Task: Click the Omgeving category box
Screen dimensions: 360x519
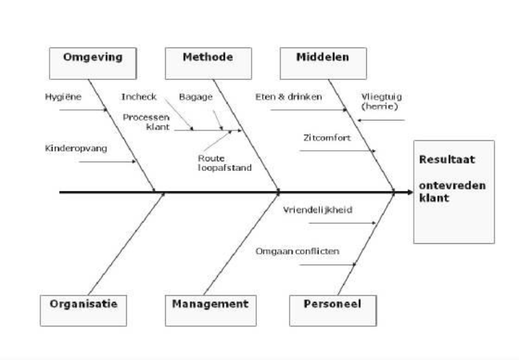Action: pyautogui.click(x=93, y=63)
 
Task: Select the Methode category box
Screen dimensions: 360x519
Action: pyautogui.click(x=208, y=63)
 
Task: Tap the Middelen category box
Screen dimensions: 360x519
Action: pyautogui.click(x=323, y=63)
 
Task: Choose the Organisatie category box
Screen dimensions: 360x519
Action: pyautogui.click(x=84, y=310)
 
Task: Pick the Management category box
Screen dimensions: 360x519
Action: pyautogui.click(x=210, y=310)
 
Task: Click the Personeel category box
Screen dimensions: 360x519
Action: pyautogui.click(x=332, y=310)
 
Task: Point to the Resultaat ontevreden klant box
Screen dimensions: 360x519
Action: pyautogui.click(x=454, y=192)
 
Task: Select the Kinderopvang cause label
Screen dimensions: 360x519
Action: pyautogui.click(x=76, y=149)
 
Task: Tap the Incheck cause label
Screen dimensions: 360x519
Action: pyautogui.click(x=139, y=97)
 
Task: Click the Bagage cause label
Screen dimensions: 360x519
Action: pyautogui.click(x=196, y=97)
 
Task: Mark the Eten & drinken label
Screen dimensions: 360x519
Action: pyautogui.click(x=289, y=97)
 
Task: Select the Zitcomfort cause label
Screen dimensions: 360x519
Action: pyautogui.click(x=327, y=138)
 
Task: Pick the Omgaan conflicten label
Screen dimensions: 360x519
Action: pyautogui.click(x=297, y=252)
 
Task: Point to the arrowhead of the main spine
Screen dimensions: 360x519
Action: pyautogui.click(x=410, y=193)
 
